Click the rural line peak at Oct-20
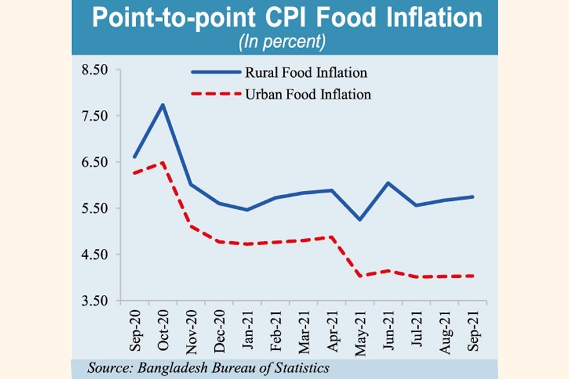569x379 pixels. point(162,105)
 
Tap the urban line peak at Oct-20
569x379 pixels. point(162,162)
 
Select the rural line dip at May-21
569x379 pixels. point(360,219)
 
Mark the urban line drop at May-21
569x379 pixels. point(360,275)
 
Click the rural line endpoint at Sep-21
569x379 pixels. point(473,196)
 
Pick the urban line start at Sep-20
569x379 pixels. point(134,173)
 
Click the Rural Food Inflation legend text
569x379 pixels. point(304,73)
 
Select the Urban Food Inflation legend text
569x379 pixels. point(307,95)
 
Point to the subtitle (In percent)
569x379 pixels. point(282,43)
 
